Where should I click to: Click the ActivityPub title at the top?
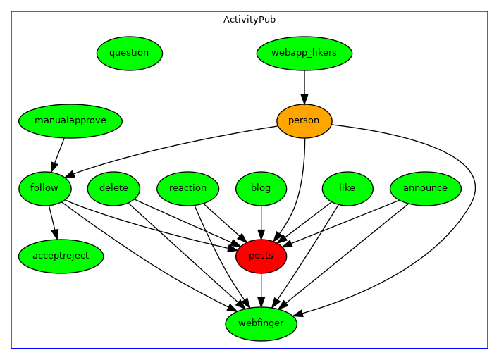[x=249, y=19]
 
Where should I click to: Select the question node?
[x=130, y=53]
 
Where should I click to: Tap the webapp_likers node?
[x=304, y=53]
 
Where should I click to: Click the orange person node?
[x=304, y=120]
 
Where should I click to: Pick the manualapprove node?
[x=70, y=120]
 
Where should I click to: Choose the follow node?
[x=44, y=188]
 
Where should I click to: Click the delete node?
[x=113, y=188]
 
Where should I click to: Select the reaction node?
[x=188, y=188]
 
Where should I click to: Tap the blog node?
[x=261, y=188]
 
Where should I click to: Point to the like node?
[x=347, y=188]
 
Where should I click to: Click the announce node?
[x=425, y=188]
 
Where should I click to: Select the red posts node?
[x=261, y=256]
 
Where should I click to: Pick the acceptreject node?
[x=61, y=256]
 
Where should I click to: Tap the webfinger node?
[x=261, y=323]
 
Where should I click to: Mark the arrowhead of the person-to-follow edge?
[x=70, y=173]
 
